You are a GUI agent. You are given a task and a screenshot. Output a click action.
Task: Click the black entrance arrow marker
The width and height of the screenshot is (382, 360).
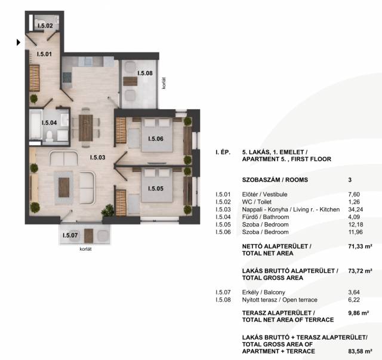coord(19,42)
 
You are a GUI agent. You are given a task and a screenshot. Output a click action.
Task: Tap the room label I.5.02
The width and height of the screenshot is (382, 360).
coord(45,26)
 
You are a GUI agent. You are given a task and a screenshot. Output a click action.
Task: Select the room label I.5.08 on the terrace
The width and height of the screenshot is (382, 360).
coord(145,73)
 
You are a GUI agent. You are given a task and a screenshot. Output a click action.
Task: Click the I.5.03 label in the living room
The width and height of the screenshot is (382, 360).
coord(98,158)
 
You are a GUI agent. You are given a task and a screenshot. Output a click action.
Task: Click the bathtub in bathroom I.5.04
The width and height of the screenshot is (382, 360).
coord(36,125)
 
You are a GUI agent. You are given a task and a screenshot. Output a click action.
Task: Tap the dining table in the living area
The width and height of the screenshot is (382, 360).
coord(86,128)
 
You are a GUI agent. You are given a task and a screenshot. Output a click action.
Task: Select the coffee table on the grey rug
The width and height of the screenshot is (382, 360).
coord(64,187)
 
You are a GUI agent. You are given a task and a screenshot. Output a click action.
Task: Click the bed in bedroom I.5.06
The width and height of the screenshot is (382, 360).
coord(157,136)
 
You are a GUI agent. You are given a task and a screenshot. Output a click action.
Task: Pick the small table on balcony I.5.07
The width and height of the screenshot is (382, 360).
coord(89,236)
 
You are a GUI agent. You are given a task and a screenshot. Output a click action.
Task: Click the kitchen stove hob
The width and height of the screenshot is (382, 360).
coord(67,77)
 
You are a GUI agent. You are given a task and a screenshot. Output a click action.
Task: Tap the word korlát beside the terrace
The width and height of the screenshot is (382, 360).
coord(164,84)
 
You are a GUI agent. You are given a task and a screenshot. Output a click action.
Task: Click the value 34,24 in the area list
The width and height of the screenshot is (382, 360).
coord(356,210)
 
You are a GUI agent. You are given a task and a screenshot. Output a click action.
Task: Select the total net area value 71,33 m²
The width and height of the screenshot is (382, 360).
coord(360,247)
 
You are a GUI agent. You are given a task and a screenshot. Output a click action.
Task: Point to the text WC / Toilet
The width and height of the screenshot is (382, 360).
coord(257,202)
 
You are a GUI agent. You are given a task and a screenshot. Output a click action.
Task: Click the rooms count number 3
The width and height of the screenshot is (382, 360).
coord(350,180)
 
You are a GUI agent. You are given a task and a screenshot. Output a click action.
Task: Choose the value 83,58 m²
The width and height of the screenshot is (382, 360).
coord(360,351)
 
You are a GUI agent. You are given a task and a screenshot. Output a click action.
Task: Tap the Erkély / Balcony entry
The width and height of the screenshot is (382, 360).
coord(264,293)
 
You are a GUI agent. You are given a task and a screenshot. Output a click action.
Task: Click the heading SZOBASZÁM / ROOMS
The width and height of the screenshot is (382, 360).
coord(275,180)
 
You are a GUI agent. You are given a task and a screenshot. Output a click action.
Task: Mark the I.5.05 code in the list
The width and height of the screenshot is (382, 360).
coord(223,224)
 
